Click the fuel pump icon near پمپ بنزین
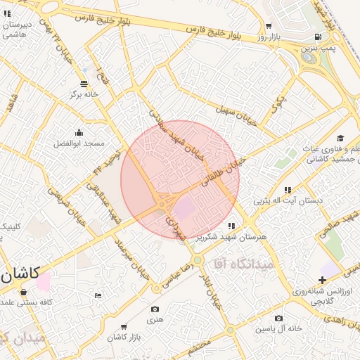click(319, 37)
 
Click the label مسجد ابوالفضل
click(79, 143)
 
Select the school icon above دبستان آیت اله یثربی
click(288, 190)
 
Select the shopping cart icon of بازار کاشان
click(124, 327)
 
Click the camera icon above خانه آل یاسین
click(279, 319)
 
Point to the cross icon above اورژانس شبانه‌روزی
click(322, 280)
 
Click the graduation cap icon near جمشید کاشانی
click(340, 138)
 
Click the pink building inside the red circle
click(185, 208)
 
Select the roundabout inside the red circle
click(163, 203)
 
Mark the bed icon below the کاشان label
click(98, 295)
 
